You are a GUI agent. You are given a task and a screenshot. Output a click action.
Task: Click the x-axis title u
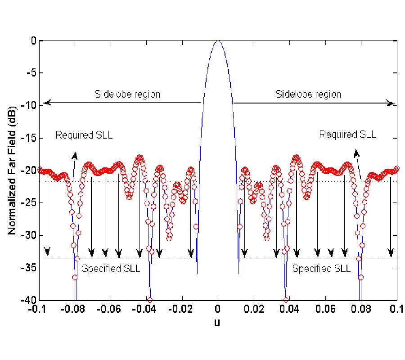coord(218,322)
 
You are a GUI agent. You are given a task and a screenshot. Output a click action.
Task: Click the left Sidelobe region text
coord(127,94)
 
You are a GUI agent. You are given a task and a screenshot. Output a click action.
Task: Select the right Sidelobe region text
coord(308,94)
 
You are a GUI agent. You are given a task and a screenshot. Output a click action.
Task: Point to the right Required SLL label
coord(347,134)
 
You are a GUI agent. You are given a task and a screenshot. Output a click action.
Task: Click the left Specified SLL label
coord(111,269)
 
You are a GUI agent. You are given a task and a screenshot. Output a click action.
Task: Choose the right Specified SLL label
coord(321,269)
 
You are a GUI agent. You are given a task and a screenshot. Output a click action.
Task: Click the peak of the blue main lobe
coord(218,41)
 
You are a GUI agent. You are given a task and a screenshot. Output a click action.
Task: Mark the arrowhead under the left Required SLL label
coord(74,155)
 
